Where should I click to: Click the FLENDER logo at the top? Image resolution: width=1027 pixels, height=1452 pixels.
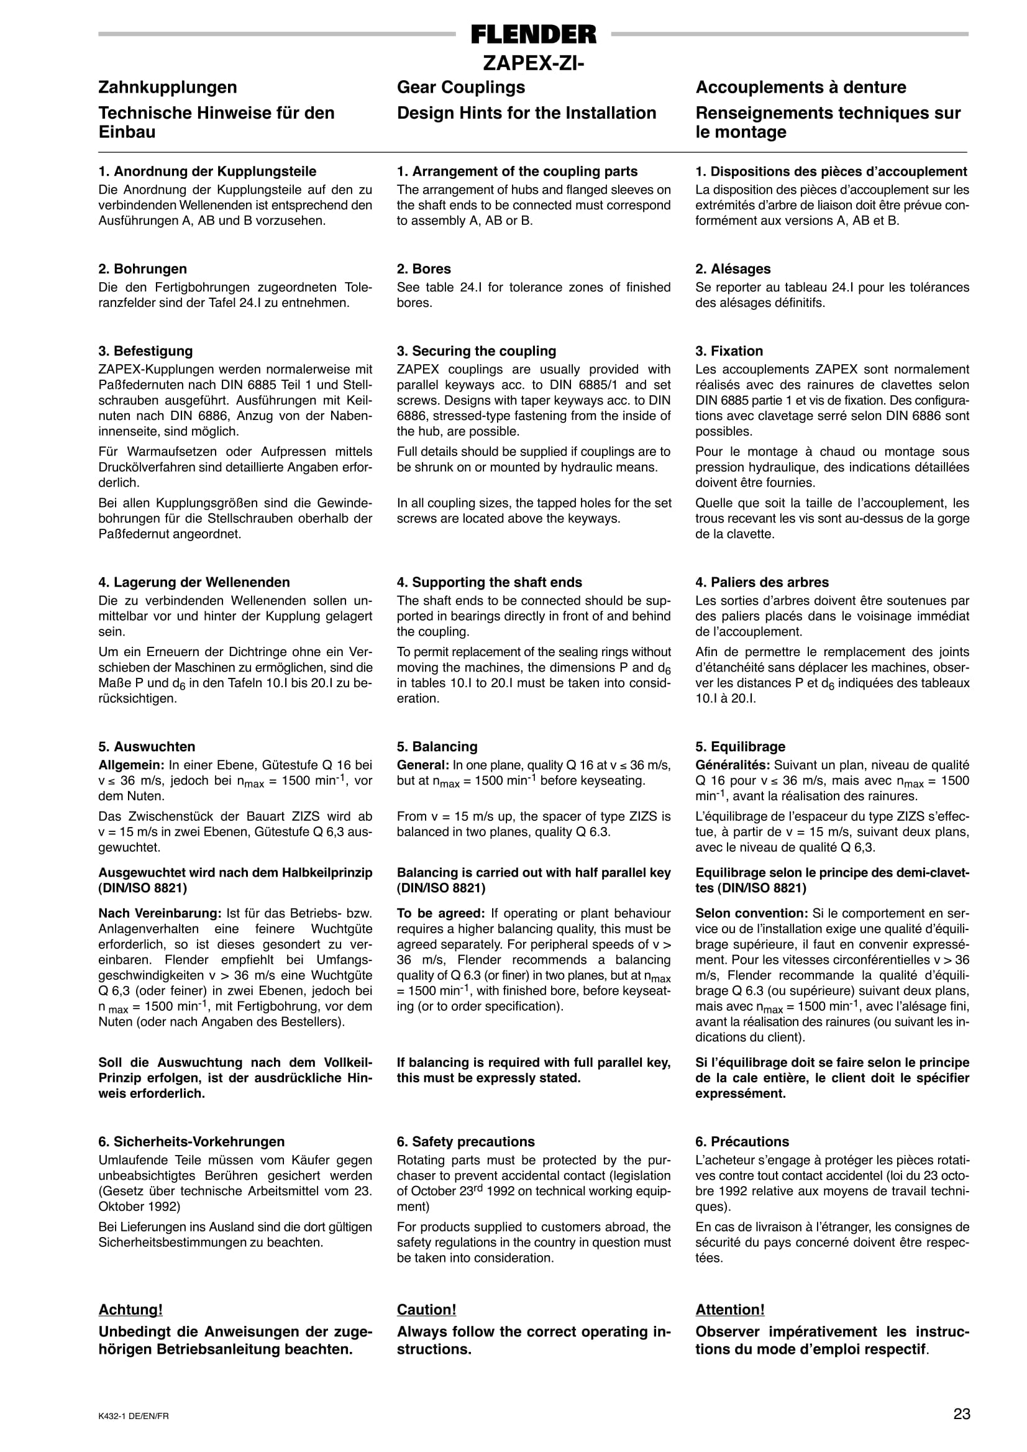coord(533,34)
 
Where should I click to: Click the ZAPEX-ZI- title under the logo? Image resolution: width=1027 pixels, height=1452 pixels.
coord(533,63)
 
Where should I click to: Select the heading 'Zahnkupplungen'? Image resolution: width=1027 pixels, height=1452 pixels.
coord(168,87)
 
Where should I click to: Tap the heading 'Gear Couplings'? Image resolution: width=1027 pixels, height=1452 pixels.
coord(461,87)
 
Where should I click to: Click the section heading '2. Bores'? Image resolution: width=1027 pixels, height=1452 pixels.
coord(424,269)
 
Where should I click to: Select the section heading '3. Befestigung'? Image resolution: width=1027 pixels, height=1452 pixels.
coord(145,351)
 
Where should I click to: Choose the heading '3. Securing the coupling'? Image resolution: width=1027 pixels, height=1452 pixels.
coord(476,351)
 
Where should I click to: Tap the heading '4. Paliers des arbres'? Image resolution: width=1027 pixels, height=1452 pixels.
coord(762,582)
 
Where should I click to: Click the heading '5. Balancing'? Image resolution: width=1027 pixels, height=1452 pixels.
coord(437,747)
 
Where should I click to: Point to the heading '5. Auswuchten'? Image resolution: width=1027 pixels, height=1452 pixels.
coord(147,747)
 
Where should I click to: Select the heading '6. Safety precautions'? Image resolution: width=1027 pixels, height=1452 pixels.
coord(465,1141)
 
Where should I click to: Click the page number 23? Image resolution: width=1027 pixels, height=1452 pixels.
coord(961,1414)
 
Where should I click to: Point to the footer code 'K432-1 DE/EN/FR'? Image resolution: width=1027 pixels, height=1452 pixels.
coord(134,1417)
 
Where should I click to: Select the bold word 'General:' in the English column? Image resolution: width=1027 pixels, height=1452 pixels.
coord(422,765)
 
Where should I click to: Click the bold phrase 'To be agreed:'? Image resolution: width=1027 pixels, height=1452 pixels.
coord(440,913)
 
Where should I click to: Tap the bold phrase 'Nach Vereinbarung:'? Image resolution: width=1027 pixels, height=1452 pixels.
coord(159,913)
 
